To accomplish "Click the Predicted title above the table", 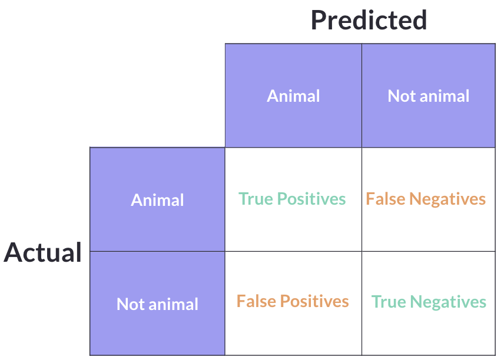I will (x=369, y=20).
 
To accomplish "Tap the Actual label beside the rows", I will (x=43, y=252).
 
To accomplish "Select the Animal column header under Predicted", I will (x=293, y=96).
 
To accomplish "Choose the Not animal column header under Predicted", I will (x=429, y=96).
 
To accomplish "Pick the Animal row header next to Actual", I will (x=157, y=200).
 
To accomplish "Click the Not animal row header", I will (x=157, y=304).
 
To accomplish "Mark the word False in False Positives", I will (x=256, y=302).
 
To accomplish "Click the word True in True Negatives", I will (x=389, y=302).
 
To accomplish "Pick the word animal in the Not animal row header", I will (x=173, y=304).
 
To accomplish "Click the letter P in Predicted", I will (x=318, y=20).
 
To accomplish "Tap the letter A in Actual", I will (x=14, y=252).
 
